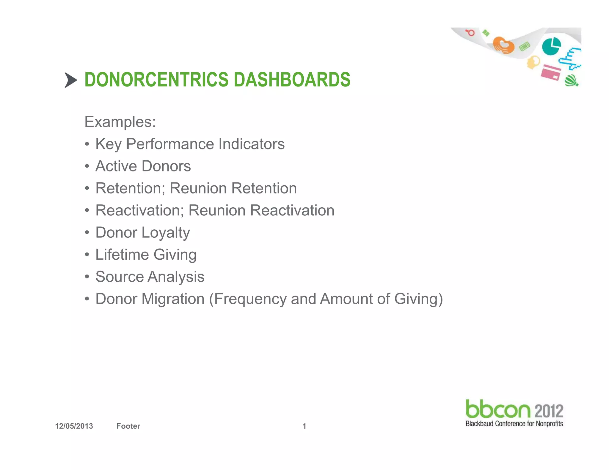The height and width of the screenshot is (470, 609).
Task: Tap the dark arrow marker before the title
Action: pos(70,80)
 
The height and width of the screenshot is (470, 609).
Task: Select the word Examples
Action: pos(120,122)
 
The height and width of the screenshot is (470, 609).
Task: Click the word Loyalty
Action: pos(166,233)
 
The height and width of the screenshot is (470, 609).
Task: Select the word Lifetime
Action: pos(122,255)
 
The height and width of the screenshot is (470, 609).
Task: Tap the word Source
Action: pos(120,277)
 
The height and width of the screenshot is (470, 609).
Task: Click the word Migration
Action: pos(173,299)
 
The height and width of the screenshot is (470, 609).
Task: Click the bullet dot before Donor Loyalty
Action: pos(87,232)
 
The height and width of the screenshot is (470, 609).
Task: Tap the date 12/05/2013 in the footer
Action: pos(74,426)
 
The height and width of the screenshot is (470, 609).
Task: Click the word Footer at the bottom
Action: pos(128,426)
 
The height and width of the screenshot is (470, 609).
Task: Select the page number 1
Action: pos(304,426)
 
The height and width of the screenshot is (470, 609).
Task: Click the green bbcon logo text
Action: pos(498,409)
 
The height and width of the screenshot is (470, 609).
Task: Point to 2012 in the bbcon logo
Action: pos(549,411)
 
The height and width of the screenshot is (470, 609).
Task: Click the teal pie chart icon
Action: pos(551,46)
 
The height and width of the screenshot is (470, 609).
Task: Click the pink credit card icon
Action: pos(550,72)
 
